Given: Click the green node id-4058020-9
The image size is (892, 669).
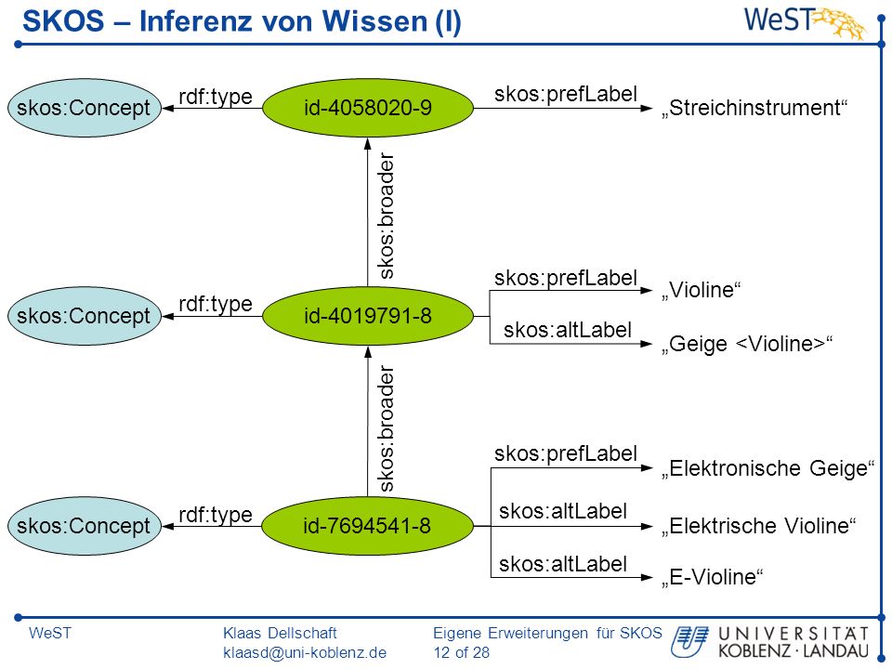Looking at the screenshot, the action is click(368, 108).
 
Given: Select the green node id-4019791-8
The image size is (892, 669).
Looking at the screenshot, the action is click(368, 316).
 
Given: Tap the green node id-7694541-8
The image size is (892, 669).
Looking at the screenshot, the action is click(368, 526).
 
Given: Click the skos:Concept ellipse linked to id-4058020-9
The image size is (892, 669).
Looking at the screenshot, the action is click(85, 108).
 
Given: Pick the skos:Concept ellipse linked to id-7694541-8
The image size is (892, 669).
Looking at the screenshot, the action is click(85, 526).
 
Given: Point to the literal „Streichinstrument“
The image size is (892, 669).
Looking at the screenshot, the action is click(754, 108).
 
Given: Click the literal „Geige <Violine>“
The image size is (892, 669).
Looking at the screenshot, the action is click(747, 344).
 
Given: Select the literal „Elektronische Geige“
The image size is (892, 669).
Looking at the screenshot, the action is click(767, 468).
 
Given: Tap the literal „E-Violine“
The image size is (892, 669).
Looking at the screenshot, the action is click(712, 577).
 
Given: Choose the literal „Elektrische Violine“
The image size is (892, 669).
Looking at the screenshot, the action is click(758, 526).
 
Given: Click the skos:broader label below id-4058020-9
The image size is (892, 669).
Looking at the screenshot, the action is click(387, 216).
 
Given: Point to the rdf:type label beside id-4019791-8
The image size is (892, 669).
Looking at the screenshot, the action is click(216, 305).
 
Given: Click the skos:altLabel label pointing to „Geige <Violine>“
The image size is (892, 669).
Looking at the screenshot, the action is click(568, 330).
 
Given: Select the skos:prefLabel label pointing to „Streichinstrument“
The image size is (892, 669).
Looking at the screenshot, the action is click(566, 95).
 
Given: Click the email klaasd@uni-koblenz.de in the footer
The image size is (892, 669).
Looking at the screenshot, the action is click(305, 652).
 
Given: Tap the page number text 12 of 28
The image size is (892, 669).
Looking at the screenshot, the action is click(462, 652).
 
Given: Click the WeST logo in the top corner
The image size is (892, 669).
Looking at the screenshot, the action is click(805, 22).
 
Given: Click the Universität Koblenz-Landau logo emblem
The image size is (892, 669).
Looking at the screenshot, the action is click(689, 642).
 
